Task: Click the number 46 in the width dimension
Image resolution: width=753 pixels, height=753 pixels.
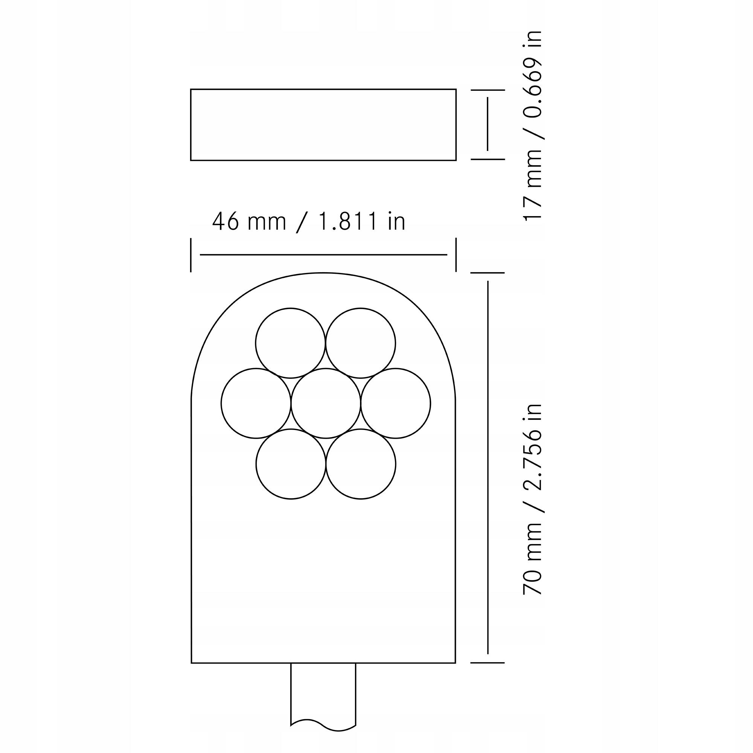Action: click(x=225, y=221)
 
